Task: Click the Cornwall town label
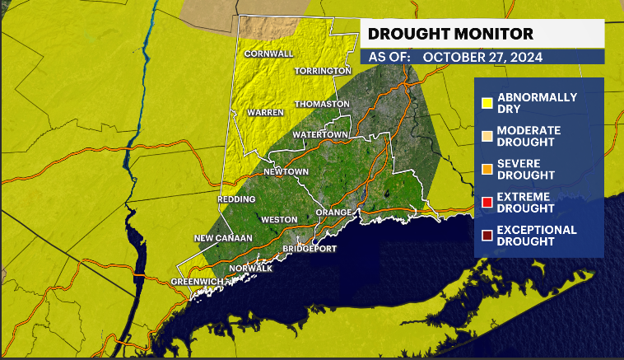(268, 54)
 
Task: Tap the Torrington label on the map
(323, 72)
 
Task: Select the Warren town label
(265, 111)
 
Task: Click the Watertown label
(321, 133)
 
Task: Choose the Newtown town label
(286, 171)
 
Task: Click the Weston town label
(277, 220)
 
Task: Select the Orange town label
(334, 212)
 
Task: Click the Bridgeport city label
(311, 248)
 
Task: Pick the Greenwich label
(197, 282)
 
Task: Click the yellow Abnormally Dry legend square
(487, 103)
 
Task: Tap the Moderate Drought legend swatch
(487, 136)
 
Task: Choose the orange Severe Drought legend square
(487, 170)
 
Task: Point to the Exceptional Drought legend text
(536, 236)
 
